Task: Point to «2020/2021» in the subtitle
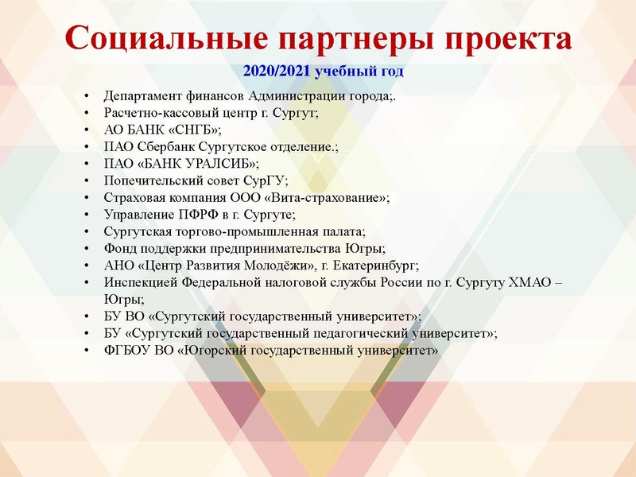[277, 72]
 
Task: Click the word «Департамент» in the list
[142, 97]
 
